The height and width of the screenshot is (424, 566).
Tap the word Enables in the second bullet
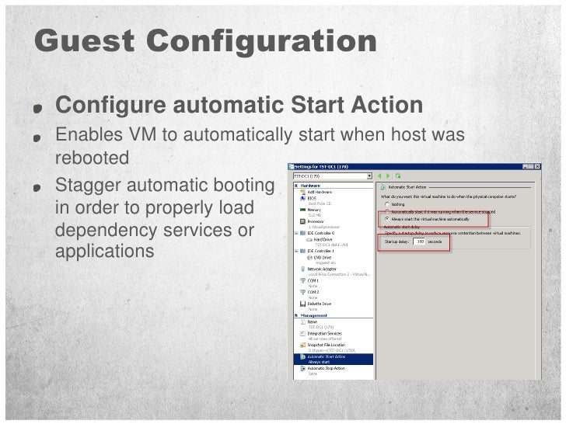point(86,135)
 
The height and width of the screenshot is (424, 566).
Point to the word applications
point(105,252)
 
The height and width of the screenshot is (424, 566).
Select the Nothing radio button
point(386,203)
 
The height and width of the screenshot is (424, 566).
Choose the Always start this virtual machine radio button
point(386,219)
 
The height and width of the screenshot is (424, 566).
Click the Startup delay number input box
point(421,242)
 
